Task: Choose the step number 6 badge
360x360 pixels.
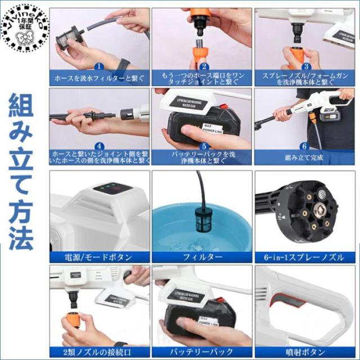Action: tap(304, 145)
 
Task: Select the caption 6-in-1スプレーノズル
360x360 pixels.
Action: tap(304, 257)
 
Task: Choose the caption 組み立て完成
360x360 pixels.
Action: tap(304, 158)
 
